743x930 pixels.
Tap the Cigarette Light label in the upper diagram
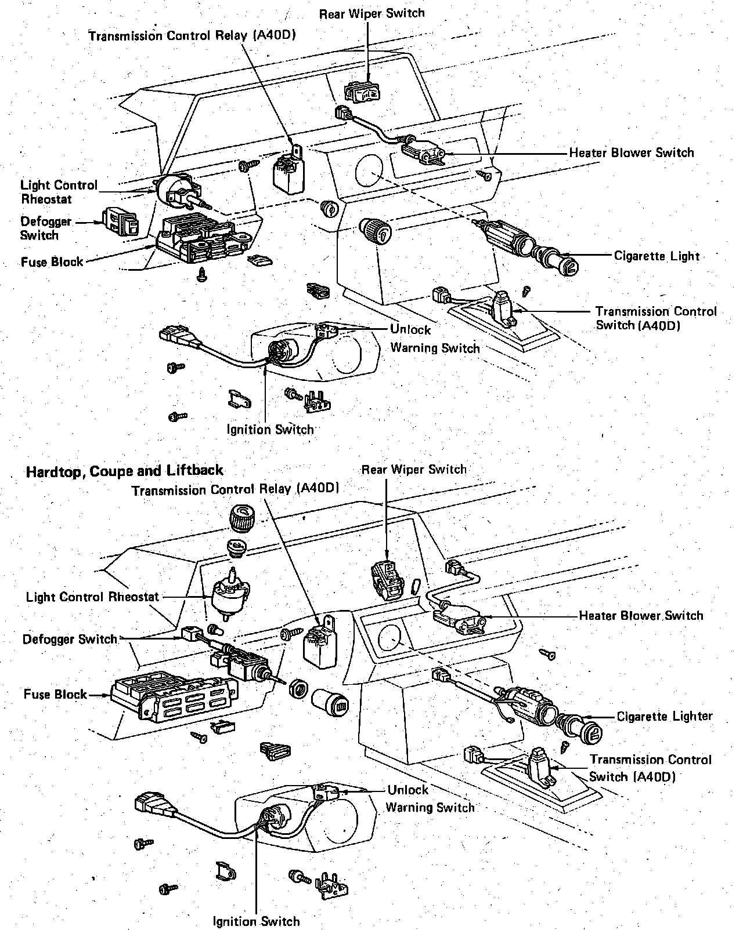pos(657,256)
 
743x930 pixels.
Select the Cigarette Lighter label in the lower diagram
pos(665,716)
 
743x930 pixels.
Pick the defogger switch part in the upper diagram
pos(121,222)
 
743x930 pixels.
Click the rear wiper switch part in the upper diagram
pos(363,91)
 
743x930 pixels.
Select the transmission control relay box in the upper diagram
pos(288,170)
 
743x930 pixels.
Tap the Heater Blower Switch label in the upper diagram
pos(632,153)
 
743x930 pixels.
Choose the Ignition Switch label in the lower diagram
pos(256,921)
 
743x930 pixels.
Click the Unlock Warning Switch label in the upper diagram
pos(434,339)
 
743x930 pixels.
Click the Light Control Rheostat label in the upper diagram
pos(59,192)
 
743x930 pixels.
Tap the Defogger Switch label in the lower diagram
pos(70,639)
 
